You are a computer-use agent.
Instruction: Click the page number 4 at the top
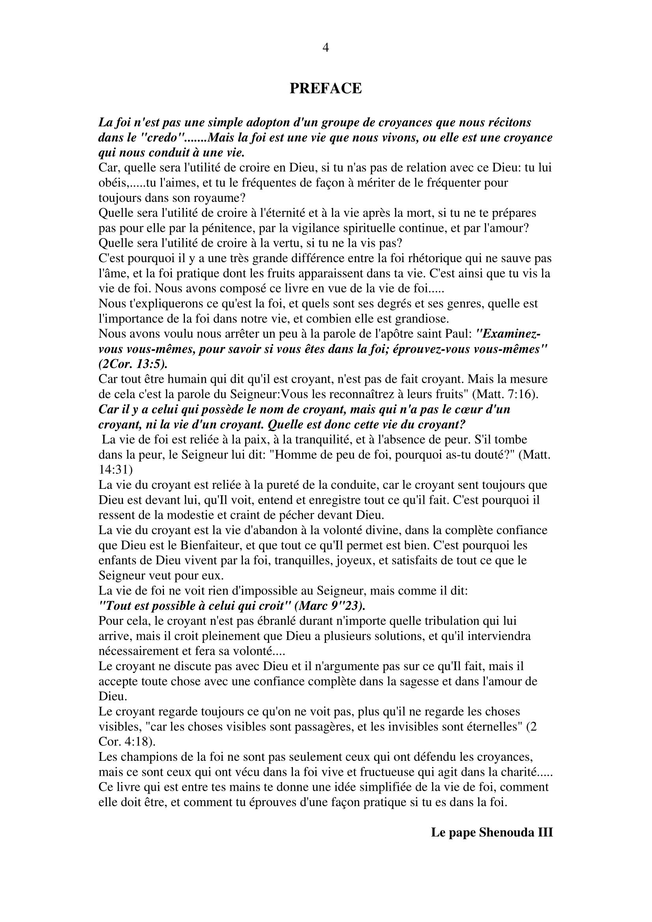point(326,48)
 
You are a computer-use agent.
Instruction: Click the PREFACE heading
point(326,88)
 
